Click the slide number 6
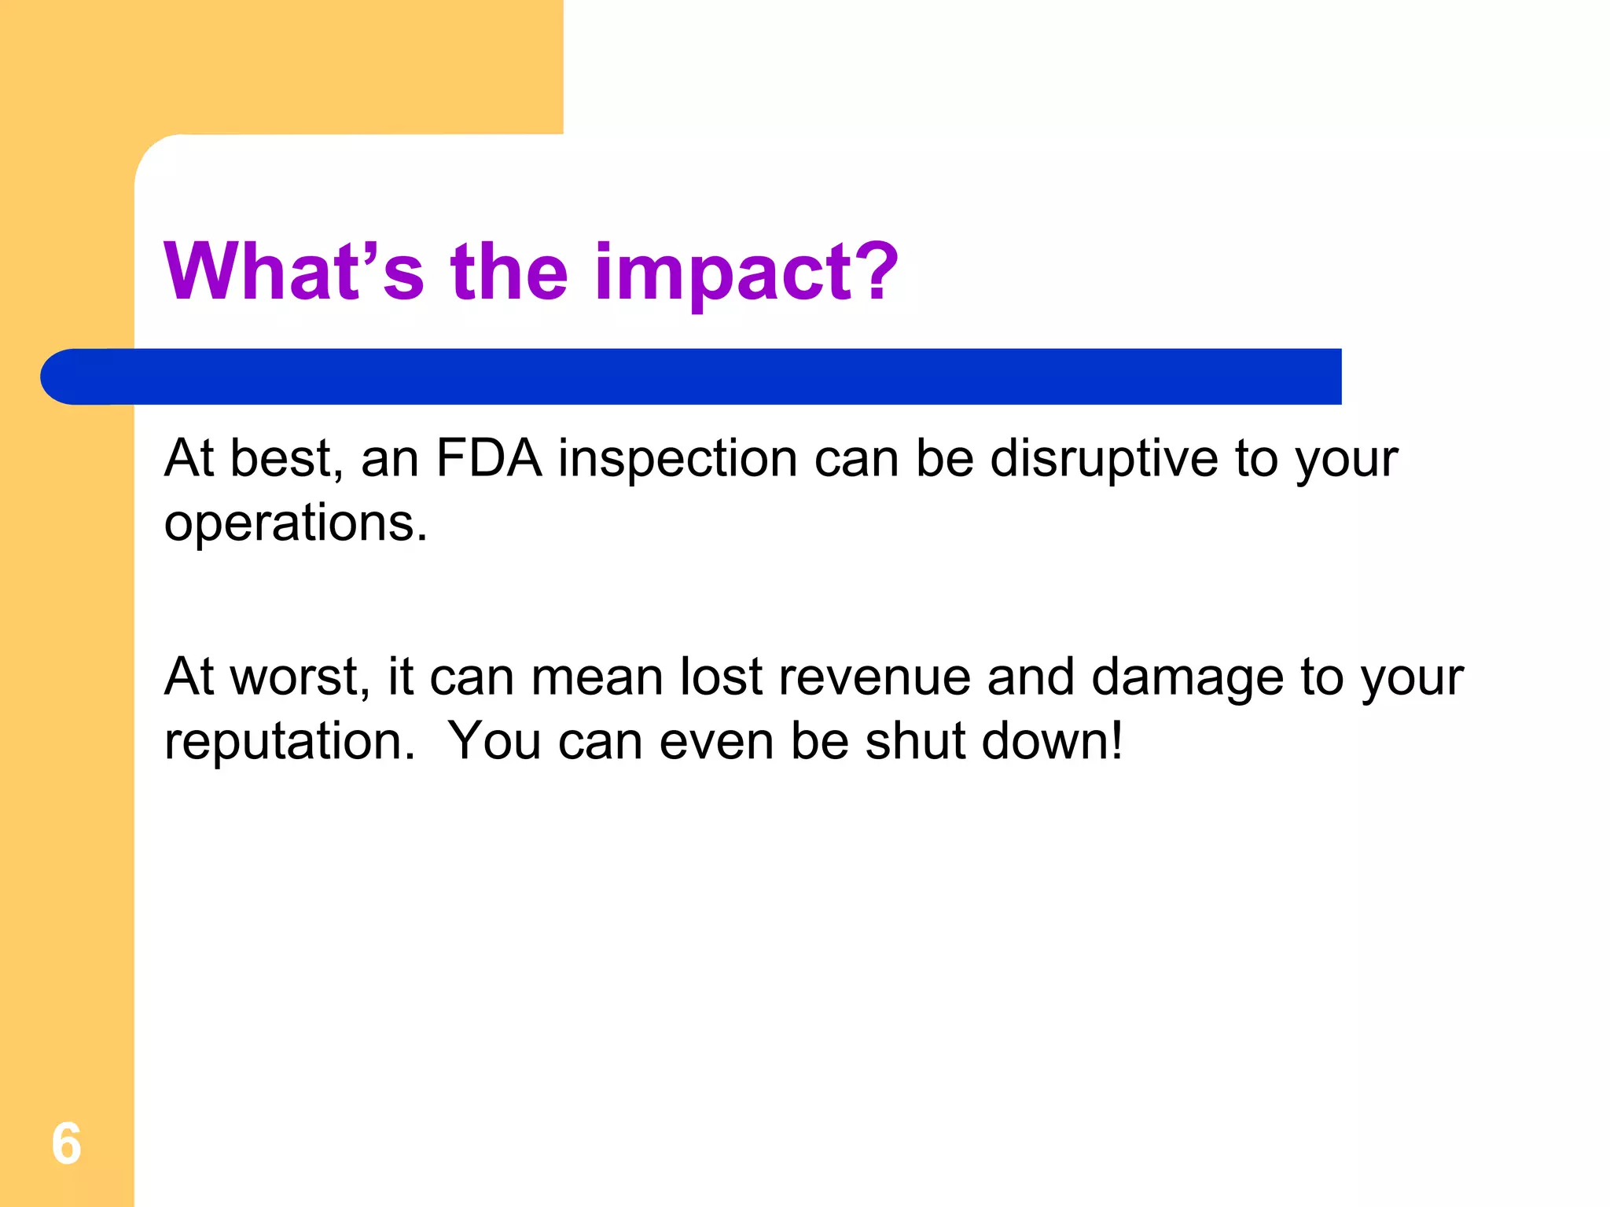66,1143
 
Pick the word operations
296,524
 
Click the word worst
300,677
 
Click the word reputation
289,743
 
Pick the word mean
597,677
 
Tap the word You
494,741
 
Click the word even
716,743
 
